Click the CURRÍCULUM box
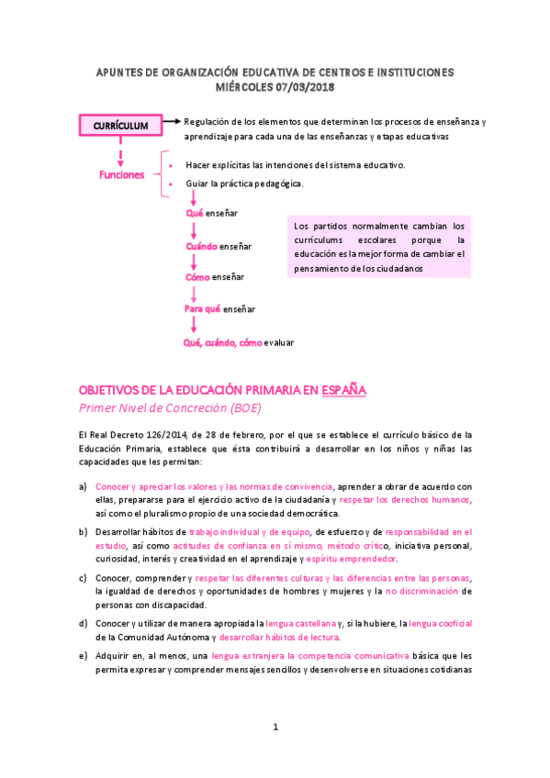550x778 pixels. [x=120, y=124]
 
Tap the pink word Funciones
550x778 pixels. [x=121, y=174]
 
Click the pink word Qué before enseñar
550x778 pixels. [x=194, y=213]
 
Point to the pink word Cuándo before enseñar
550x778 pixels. [x=201, y=246]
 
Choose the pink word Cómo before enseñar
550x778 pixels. [x=197, y=277]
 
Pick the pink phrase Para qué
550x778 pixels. [x=203, y=309]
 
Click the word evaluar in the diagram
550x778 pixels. [x=279, y=342]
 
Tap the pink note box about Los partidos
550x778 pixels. [x=379, y=247]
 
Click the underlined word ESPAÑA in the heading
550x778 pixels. [x=344, y=389]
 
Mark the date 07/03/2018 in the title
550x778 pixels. [x=305, y=86]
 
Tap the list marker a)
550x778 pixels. [x=84, y=485]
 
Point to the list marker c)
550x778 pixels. [x=84, y=578]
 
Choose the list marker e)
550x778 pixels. [x=84, y=655]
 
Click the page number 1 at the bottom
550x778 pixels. [x=275, y=728]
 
